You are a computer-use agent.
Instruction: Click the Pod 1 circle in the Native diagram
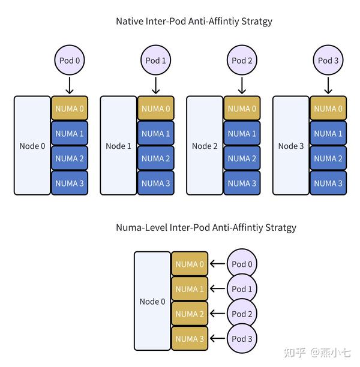[x=155, y=60]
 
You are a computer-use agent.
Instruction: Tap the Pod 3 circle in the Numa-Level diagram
[x=242, y=339]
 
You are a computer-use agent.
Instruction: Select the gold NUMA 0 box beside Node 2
[x=242, y=109]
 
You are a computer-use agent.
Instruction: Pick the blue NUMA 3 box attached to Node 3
[x=328, y=183]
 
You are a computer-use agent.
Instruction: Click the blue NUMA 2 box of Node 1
[x=156, y=158]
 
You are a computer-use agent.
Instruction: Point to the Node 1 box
[x=118, y=146]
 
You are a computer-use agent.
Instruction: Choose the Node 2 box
[x=205, y=146]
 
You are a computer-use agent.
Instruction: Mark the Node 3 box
[x=291, y=146]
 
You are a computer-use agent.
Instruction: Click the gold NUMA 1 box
[x=190, y=289]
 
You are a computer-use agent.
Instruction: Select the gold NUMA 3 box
[x=190, y=339]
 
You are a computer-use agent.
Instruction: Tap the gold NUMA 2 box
[x=190, y=314]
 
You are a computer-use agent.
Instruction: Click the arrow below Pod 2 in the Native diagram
[x=242, y=85]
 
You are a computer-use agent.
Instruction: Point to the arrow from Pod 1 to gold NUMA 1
[x=217, y=289]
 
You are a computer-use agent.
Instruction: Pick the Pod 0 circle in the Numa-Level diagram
[x=242, y=264]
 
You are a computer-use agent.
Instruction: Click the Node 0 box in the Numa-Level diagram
[x=152, y=301]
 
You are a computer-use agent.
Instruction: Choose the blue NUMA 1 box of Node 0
[x=70, y=133]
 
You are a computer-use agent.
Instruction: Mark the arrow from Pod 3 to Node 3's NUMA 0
[x=328, y=85]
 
